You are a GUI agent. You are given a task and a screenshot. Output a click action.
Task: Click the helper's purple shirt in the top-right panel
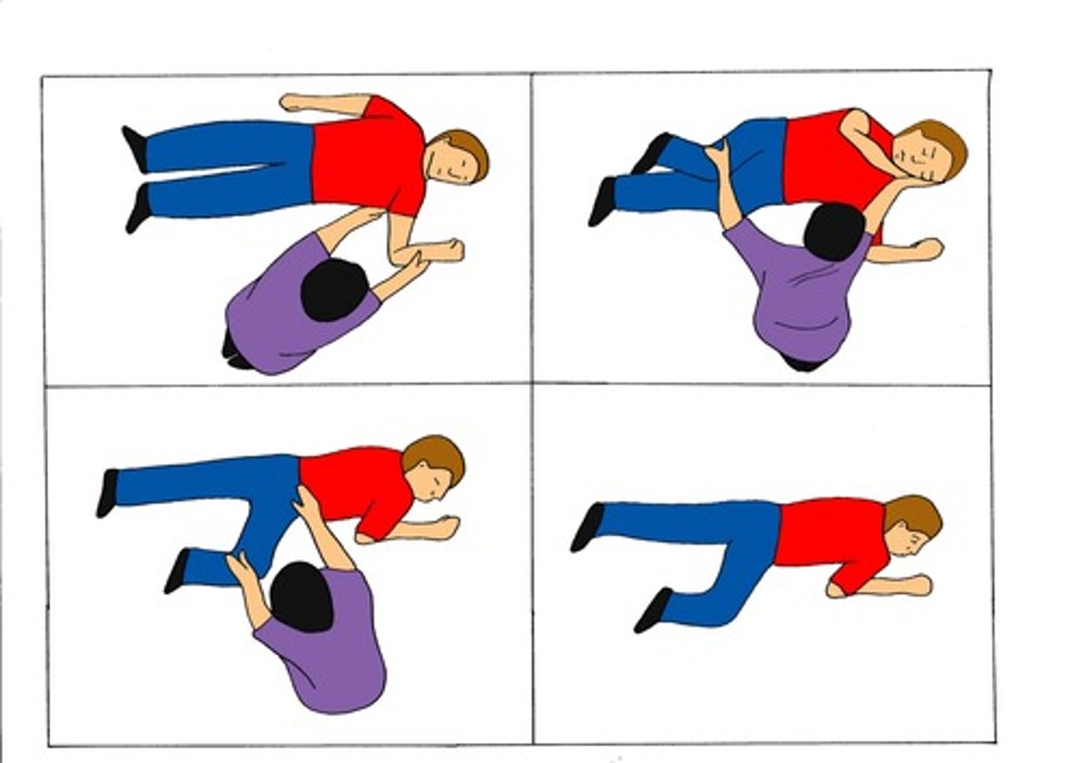[796, 300]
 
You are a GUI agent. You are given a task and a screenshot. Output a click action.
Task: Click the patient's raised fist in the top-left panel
[449, 249]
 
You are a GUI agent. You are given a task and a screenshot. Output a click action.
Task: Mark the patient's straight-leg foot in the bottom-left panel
[107, 493]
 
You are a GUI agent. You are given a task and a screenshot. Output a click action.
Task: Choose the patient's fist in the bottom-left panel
[448, 525]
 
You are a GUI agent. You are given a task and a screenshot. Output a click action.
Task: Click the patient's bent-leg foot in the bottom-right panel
[652, 609]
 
